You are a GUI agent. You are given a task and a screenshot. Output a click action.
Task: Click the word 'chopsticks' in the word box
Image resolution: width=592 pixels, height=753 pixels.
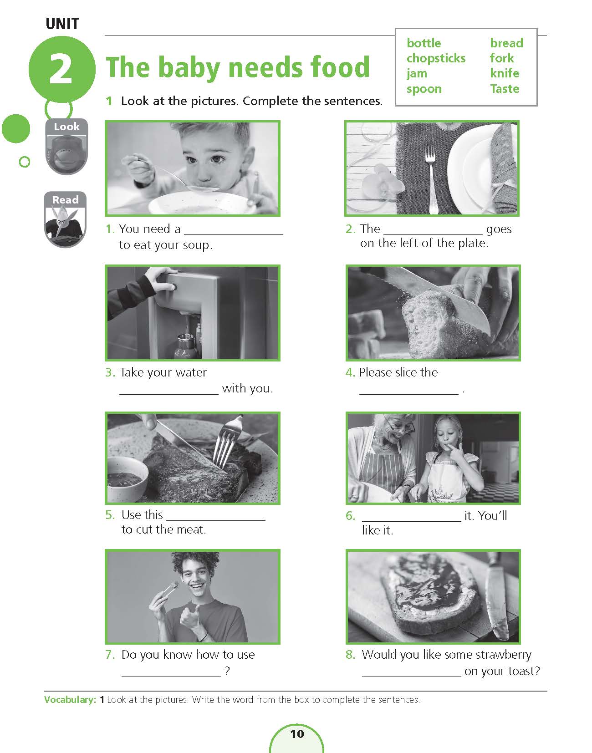[436, 59]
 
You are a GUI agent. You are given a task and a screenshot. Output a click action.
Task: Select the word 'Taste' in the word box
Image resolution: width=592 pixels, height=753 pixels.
[504, 89]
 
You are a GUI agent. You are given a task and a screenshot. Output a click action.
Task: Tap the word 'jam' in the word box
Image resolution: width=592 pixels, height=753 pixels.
[417, 74]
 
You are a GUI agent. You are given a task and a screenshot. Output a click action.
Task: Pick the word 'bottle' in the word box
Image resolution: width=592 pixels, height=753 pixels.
[424, 43]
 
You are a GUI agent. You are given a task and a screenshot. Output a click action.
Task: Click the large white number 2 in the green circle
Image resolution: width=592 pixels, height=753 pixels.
[61, 69]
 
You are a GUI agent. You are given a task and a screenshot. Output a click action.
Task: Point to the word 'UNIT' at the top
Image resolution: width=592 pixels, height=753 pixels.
[62, 24]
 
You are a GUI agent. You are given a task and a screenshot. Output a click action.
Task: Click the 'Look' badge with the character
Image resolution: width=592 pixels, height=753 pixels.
[66, 147]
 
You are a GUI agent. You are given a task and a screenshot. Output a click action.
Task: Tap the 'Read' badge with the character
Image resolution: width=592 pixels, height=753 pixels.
[65, 219]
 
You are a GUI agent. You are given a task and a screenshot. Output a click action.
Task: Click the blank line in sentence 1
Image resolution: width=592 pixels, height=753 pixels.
[233, 235]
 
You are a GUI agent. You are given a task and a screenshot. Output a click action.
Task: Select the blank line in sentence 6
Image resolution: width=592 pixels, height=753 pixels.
[411, 521]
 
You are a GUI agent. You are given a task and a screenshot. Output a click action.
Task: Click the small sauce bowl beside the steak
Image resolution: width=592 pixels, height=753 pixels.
[127, 478]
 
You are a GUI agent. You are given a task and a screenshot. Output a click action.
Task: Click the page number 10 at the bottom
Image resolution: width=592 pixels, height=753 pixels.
[297, 734]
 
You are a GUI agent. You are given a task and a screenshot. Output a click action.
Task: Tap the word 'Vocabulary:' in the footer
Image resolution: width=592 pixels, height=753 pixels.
[70, 700]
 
